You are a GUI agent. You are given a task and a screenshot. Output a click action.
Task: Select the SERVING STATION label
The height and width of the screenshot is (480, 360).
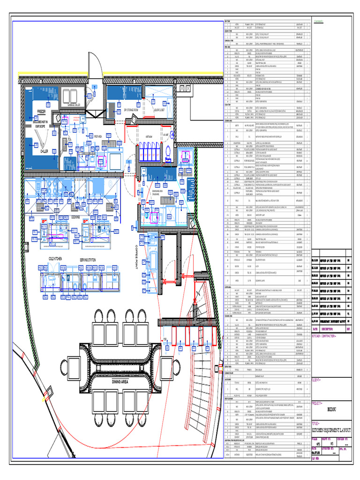[x=89, y=259]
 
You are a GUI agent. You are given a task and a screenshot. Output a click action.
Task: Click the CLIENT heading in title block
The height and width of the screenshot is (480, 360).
[x=318, y=380]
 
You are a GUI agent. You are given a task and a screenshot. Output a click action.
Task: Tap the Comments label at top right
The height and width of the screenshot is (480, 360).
[x=320, y=22]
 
